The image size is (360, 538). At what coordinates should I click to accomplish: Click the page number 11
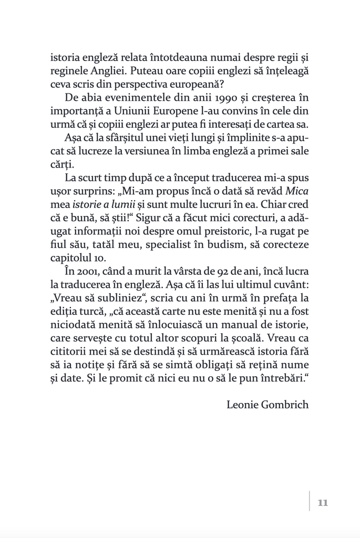pos(323,503)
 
